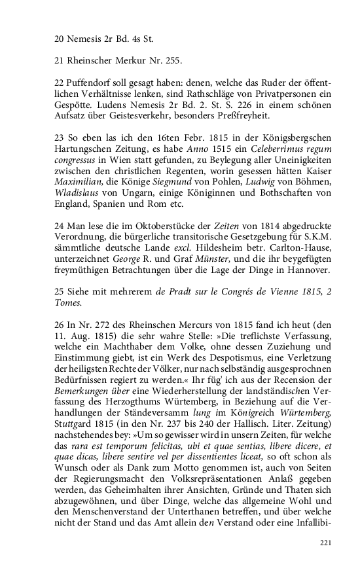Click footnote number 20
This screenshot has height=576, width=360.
[60, 39]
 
